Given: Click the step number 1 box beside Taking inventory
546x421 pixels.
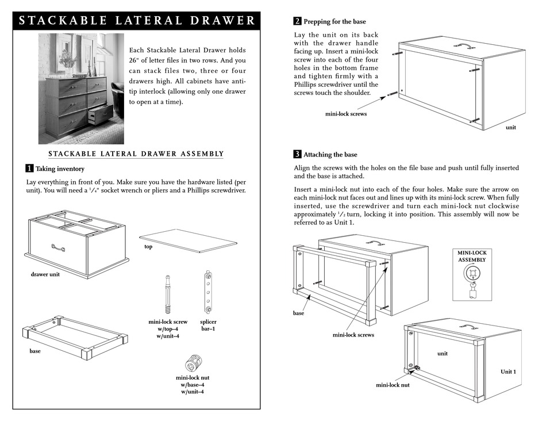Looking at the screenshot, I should click(29, 169).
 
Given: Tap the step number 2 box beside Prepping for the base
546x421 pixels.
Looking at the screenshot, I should click(297, 22).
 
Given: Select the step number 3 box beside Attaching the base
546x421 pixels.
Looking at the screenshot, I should click(297, 154).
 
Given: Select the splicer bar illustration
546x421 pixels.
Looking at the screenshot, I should click(208, 291).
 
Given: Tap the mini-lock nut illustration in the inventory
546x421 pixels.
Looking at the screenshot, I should click(193, 363).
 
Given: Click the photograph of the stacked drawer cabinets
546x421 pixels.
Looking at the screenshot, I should click(81, 88).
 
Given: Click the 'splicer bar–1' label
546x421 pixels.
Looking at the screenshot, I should click(208, 326).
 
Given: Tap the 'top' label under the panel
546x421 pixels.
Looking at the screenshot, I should click(148, 246).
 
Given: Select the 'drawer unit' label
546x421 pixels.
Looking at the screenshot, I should click(45, 274).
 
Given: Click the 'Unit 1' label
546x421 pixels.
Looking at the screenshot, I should click(507, 372).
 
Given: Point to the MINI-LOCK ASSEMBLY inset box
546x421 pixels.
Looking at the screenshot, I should click(472, 274).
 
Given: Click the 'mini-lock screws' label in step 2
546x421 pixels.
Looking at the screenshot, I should click(346, 114).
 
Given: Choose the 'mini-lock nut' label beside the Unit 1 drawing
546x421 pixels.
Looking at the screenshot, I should click(393, 385).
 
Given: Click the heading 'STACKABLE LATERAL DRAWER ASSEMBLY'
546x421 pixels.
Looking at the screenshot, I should click(136, 154).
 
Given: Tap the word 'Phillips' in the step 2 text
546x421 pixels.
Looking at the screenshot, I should click(308, 85).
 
